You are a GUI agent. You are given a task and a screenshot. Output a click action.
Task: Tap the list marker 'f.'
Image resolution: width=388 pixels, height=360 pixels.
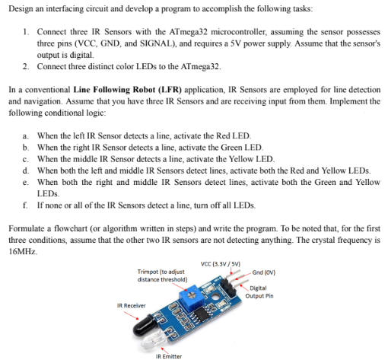(x=27, y=205)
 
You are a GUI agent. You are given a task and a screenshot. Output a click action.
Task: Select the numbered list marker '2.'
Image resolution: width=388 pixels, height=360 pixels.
(x=27, y=67)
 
